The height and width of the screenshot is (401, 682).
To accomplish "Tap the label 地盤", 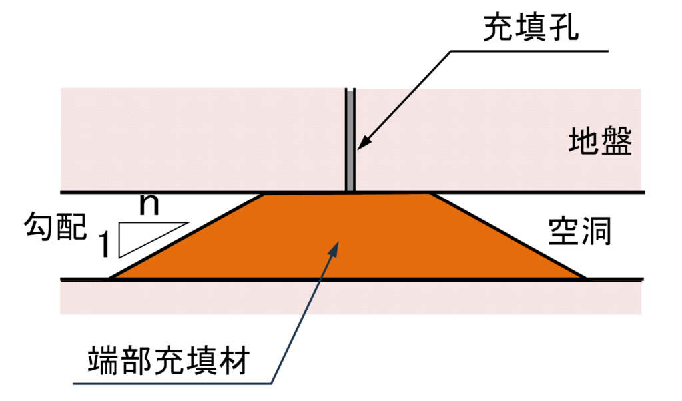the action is [x=600, y=141].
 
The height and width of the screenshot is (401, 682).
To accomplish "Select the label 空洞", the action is [x=580, y=231].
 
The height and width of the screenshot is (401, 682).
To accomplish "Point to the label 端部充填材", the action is [x=169, y=360].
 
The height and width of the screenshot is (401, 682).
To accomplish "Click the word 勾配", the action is [x=55, y=226].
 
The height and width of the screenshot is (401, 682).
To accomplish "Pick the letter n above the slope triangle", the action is [x=149, y=204].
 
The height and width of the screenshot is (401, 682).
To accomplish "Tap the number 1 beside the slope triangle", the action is [x=105, y=244].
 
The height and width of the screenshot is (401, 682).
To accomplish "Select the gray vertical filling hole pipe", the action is [x=350, y=140].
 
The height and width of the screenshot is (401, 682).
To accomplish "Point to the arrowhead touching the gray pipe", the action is [x=363, y=143].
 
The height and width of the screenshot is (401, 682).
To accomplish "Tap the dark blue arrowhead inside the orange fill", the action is [x=334, y=248].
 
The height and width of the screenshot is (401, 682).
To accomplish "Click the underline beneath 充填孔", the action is [x=529, y=51].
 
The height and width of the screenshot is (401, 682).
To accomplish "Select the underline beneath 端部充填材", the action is [x=172, y=384].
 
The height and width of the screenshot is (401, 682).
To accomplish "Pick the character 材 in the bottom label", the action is [x=235, y=360].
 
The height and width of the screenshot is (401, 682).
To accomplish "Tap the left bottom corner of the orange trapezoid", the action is [x=110, y=278].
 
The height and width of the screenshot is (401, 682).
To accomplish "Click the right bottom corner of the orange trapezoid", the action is [x=585, y=278].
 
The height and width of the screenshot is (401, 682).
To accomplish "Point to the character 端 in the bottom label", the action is [x=103, y=360].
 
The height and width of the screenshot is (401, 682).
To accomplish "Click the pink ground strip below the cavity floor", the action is [x=350, y=298].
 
